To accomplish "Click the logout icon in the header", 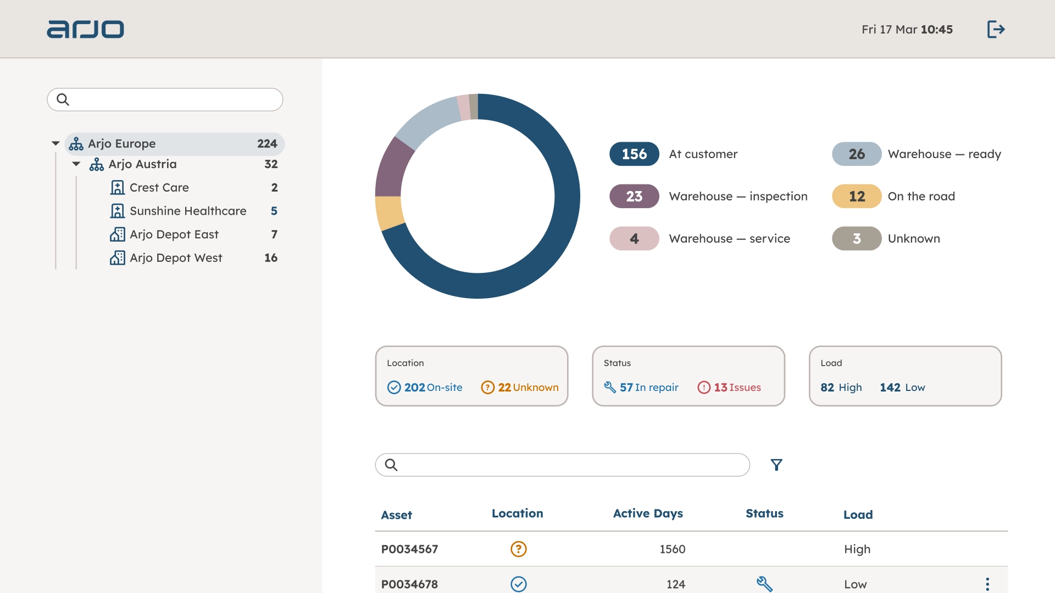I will click(x=996, y=29).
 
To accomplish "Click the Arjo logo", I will click(x=85, y=29).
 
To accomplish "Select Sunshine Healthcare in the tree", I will click(x=187, y=211).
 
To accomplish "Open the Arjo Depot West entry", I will click(x=176, y=258).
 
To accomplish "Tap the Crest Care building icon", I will click(x=117, y=188).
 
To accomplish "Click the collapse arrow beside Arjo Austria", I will click(x=76, y=164).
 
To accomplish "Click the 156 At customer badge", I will click(x=634, y=154).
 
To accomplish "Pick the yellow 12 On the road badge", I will click(x=857, y=197).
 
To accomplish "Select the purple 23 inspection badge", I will click(x=634, y=197).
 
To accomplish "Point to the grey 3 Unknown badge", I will click(x=857, y=239).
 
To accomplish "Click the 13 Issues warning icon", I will click(x=704, y=388).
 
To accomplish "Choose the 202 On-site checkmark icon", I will click(x=394, y=388).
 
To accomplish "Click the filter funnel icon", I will click(x=776, y=465).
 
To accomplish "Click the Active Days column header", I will click(x=648, y=513).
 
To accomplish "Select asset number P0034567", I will click(x=409, y=549).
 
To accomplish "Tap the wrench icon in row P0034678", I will click(x=764, y=584).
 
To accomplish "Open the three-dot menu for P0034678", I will click(x=987, y=584).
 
